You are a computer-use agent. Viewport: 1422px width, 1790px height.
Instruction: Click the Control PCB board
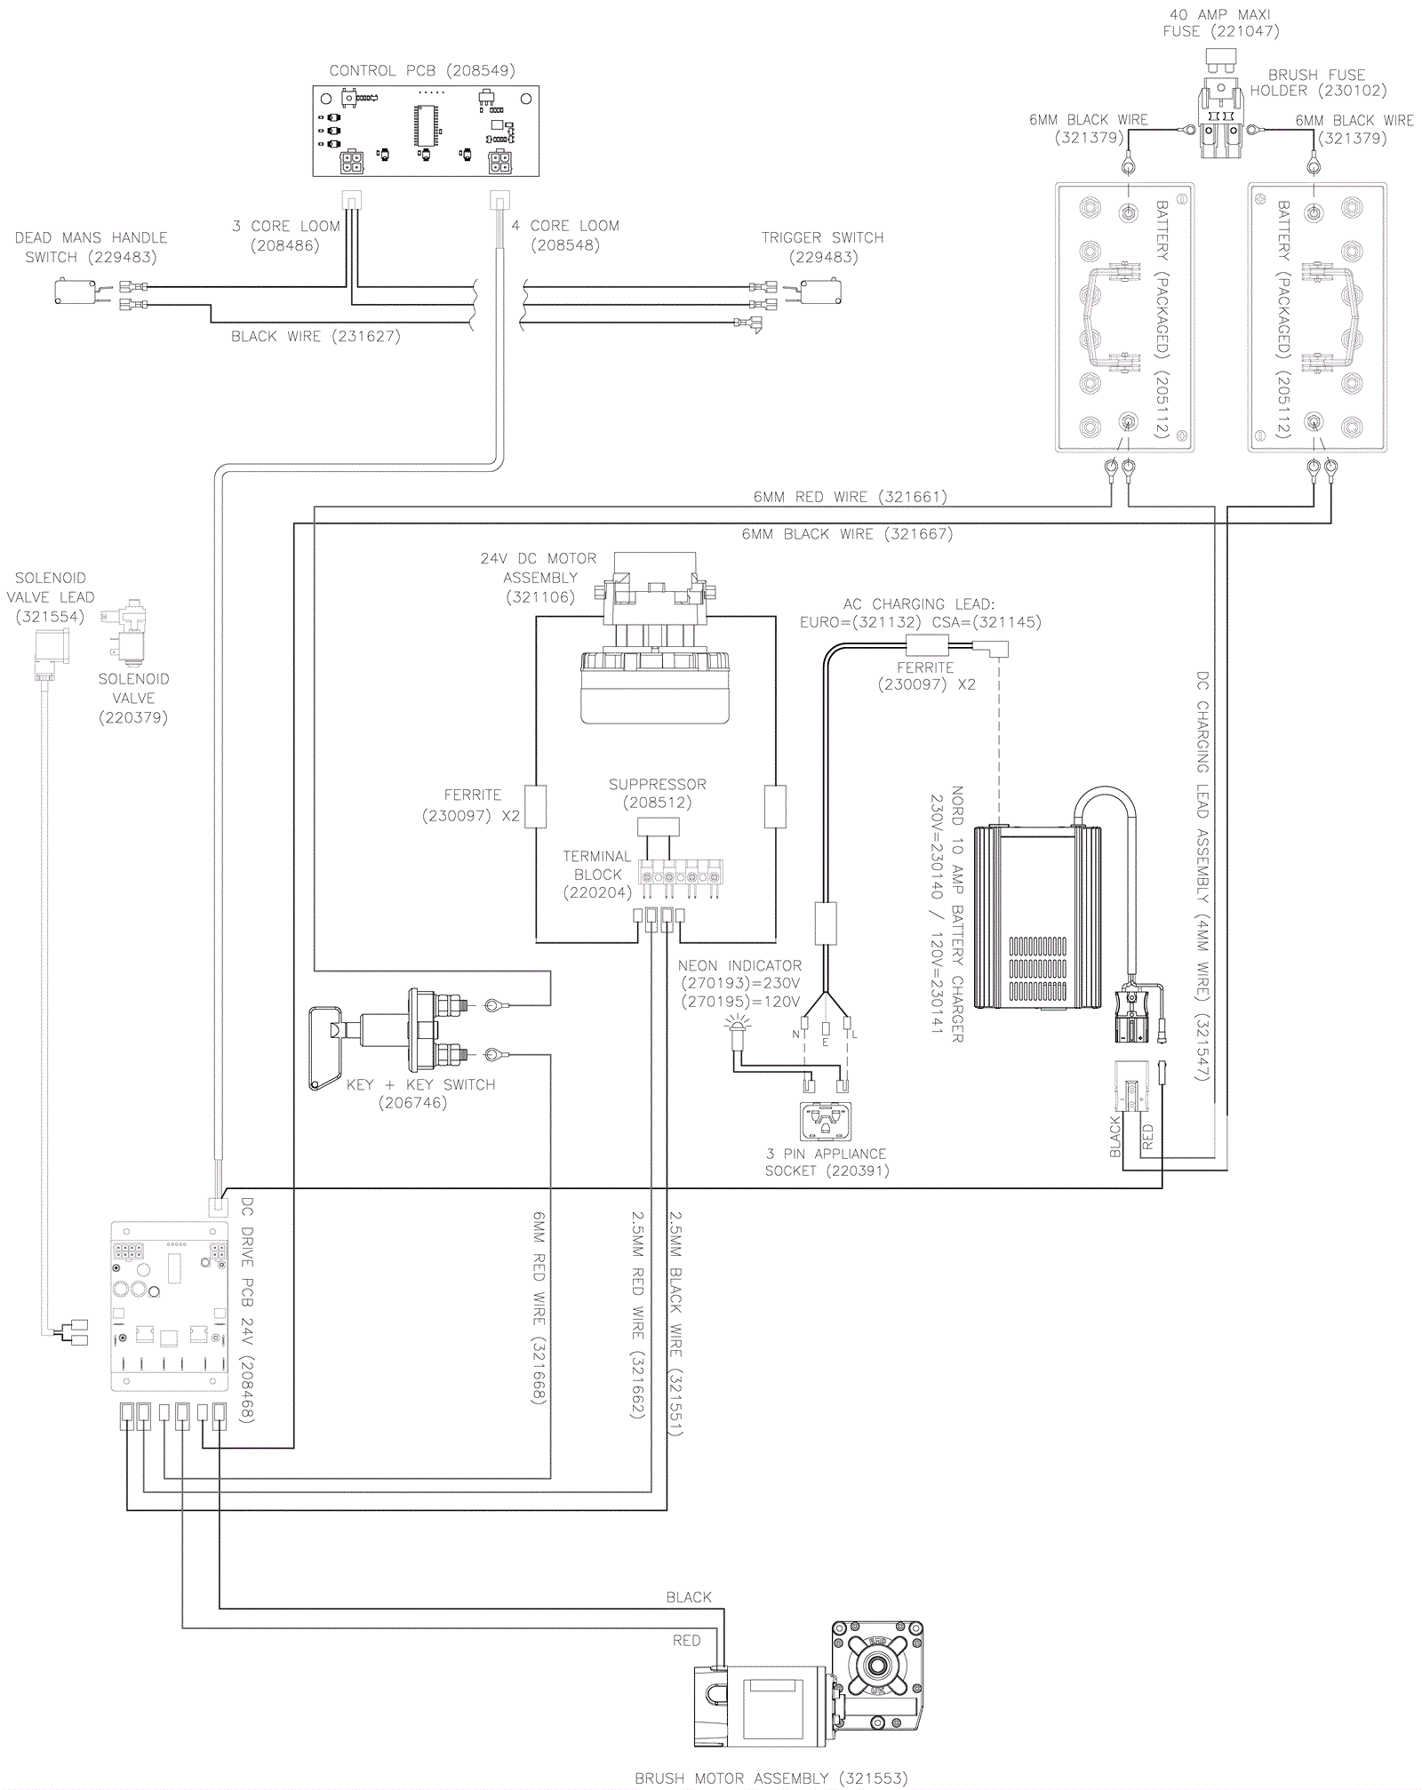tap(426, 132)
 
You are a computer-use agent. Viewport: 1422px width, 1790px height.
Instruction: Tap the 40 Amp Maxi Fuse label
tap(1220, 23)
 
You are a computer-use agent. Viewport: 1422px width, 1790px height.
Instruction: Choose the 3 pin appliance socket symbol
tap(826, 1123)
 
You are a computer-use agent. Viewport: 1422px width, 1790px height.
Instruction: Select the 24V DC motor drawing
tap(655, 640)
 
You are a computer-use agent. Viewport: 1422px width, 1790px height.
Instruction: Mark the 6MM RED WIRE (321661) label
tap(850, 497)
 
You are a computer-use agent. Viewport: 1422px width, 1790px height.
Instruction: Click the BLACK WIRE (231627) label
tap(316, 336)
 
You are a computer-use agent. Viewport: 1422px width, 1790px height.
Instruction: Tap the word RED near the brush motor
tap(686, 1641)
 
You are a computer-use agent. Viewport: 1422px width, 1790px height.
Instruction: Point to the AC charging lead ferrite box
tap(926, 646)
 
